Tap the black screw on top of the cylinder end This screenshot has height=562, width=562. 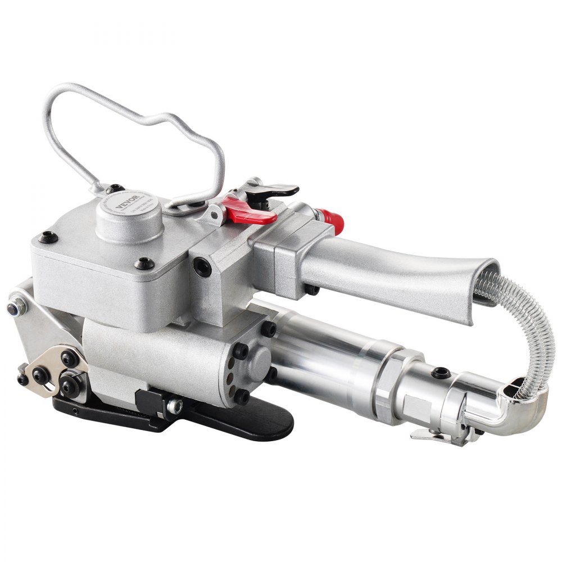442,372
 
